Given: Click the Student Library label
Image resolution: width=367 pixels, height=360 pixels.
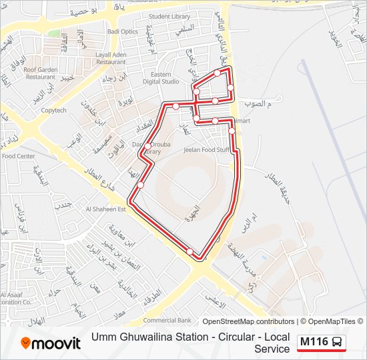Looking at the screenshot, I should [x=169, y=17].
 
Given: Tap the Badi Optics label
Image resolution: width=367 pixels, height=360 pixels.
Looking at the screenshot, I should [x=124, y=31].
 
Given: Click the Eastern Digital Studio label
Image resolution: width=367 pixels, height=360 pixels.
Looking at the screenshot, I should [x=161, y=78].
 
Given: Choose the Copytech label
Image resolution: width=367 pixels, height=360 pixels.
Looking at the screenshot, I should [x=53, y=111].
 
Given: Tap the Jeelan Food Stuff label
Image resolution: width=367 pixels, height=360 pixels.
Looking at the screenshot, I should [x=206, y=150].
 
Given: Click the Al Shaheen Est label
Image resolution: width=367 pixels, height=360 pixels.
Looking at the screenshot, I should [x=105, y=209].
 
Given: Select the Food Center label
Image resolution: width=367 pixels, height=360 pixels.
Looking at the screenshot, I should [x=18, y=156].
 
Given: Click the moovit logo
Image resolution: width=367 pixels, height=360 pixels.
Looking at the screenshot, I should [x=51, y=343].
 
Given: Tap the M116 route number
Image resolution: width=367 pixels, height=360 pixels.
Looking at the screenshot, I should [x=314, y=343].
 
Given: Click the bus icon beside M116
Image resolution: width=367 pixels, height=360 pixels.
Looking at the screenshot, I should [x=338, y=343].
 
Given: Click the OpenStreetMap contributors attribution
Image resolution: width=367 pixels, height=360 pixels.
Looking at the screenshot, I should [x=248, y=321].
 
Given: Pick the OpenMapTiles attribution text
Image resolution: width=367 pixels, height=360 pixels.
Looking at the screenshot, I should [x=331, y=321].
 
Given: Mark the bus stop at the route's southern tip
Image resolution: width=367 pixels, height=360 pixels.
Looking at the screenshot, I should [x=191, y=251].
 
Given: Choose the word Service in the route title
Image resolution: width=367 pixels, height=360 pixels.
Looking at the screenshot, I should [x=272, y=349].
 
